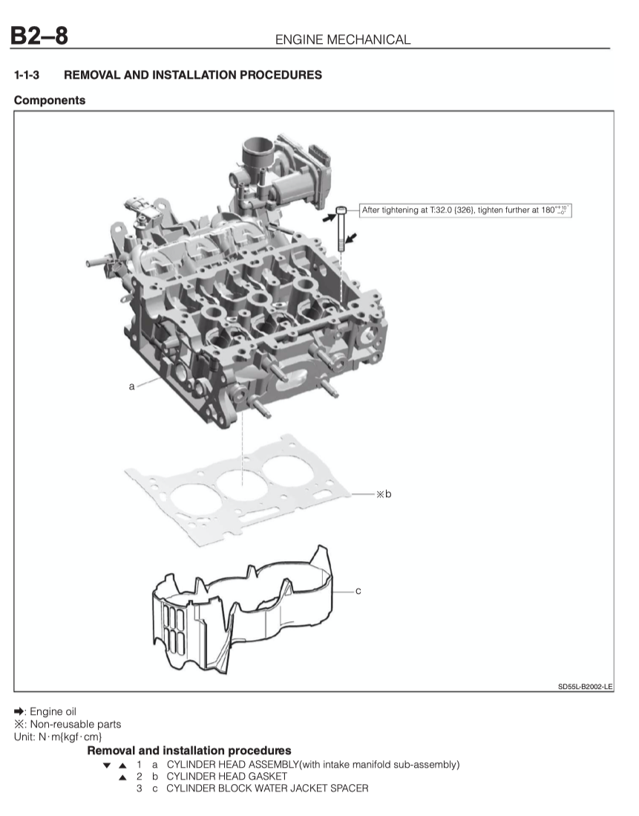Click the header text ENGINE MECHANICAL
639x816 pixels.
tap(342, 39)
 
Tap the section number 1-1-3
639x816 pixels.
tap(27, 75)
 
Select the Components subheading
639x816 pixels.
tap(50, 100)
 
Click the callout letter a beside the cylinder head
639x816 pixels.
tap(131, 386)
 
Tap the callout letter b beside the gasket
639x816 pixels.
tap(387, 493)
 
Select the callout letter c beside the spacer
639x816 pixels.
tap(358, 591)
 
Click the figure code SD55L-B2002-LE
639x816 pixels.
tap(585, 687)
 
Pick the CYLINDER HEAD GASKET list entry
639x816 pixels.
tap(226, 776)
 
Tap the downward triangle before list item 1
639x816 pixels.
tap(107, 765)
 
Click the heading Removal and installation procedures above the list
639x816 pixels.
tap(189, 751)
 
